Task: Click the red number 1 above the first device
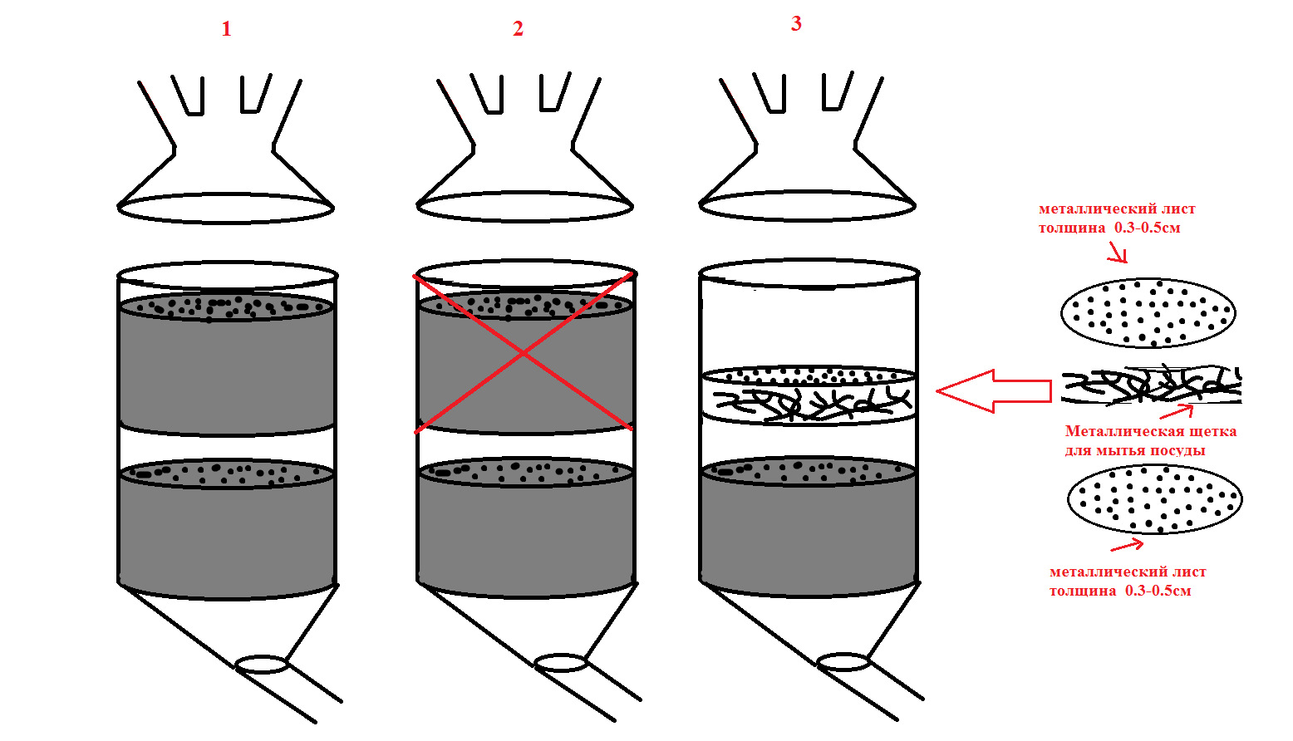click(x=226, y=30)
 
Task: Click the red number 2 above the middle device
click(x=518, y=30)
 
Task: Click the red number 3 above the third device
click(x=796, y=24)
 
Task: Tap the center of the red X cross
click(x=524, y=353)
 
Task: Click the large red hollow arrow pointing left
click(x=993, y=390)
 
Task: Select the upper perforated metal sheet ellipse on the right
click(x=1148, y=313)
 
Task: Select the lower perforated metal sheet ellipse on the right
click(x=1154, y=499)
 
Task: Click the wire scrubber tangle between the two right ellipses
click(x=1151, y=385)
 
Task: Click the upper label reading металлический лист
click(x=1117, y=209)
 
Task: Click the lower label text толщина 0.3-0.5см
click(x=1119, y=591)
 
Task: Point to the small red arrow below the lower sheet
click(x=1127, y=545)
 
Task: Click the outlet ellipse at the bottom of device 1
click(x=262, y=664)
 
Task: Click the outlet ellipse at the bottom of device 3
click(x=843, y=662)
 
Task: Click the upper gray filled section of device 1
click(x=226, y=370)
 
